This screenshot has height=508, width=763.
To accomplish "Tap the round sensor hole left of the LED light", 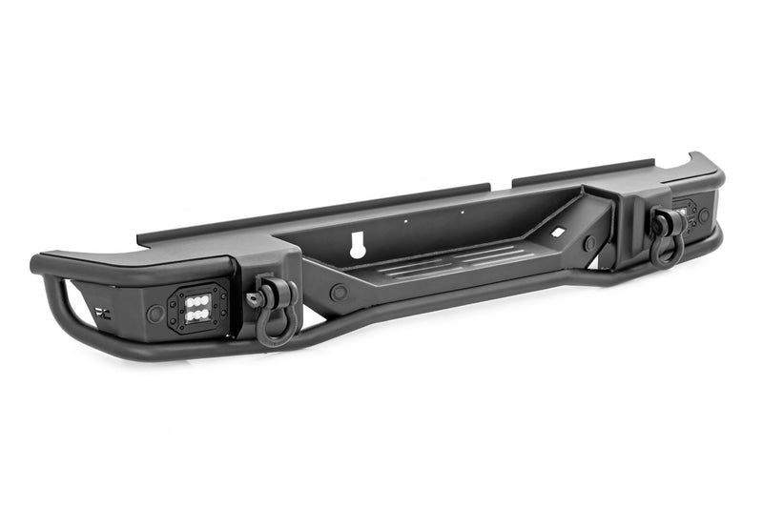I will [155, 313].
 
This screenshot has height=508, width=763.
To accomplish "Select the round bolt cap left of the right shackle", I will [589, 243].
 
